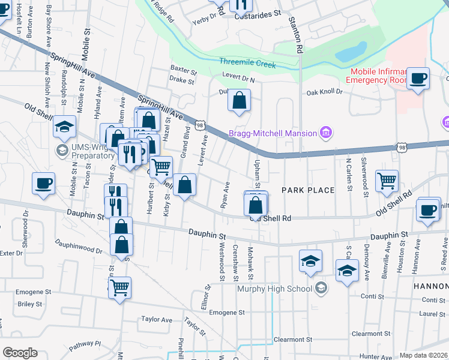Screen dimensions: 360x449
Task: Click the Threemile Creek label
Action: [x=247, y=63]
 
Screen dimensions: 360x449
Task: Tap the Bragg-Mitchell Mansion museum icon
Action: [x=326, y=133]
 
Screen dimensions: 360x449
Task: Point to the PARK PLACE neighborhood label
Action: [x=308, y=190]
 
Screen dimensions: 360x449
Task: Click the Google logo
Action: [x=20, y=353]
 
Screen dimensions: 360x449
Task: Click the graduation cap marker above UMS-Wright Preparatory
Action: [x=64, y=127]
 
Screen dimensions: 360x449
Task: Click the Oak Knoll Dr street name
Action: [x=324, y=92]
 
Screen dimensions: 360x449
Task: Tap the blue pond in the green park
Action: [x=351, y=52]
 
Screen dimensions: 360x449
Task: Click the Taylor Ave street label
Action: [x=156, y=320]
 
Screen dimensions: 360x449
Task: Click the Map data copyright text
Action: [x=424, y=355]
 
